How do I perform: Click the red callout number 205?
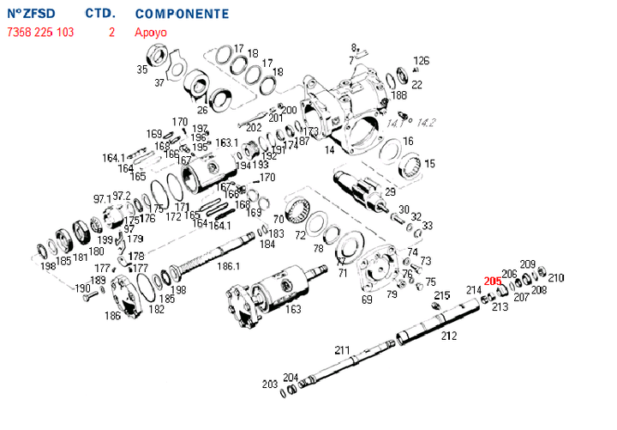point(493,281)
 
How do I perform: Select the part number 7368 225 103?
point(40,33)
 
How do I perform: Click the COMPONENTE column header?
point(182,15)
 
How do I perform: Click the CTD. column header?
point(100,15)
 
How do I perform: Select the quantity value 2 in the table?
point(111,33)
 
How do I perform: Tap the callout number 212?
point(448,336)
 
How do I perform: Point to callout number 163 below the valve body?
point(294,309)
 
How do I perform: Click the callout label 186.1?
point(228,267)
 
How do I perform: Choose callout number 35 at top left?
point(142,70)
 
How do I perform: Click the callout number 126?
point(421,61)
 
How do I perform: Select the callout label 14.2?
point(427,124)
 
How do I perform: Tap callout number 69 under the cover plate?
point(367,300)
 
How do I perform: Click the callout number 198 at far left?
point(47,265)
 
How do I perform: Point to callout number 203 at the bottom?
point(270,384)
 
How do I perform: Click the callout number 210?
point(556,277)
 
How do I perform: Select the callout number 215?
point(441,295)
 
